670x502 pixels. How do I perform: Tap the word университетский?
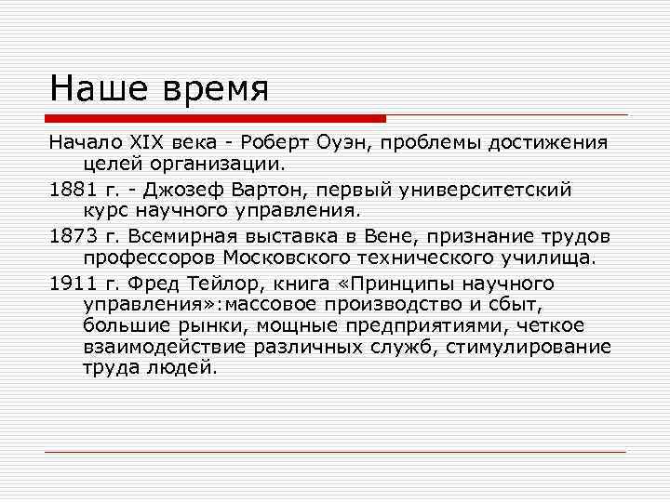(484, 189)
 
